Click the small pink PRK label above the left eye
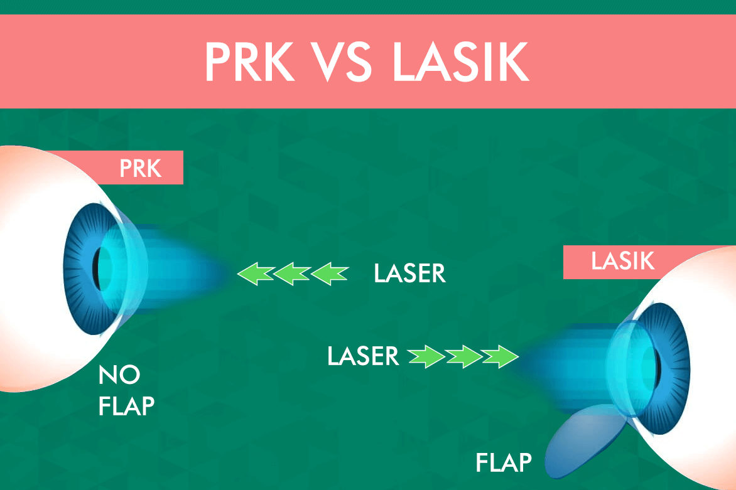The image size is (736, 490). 140,168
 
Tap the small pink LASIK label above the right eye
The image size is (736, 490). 622,261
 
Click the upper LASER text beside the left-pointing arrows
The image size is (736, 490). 409,274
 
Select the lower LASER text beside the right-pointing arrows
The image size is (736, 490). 363,356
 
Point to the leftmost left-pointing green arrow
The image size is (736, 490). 255,274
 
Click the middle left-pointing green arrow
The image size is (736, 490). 292,274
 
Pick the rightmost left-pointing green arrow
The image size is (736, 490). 330,274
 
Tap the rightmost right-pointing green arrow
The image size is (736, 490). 501,357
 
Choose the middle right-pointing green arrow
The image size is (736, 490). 464,357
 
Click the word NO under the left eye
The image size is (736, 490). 119,376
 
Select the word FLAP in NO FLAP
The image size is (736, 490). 126,406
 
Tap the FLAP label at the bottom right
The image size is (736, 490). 504,463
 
